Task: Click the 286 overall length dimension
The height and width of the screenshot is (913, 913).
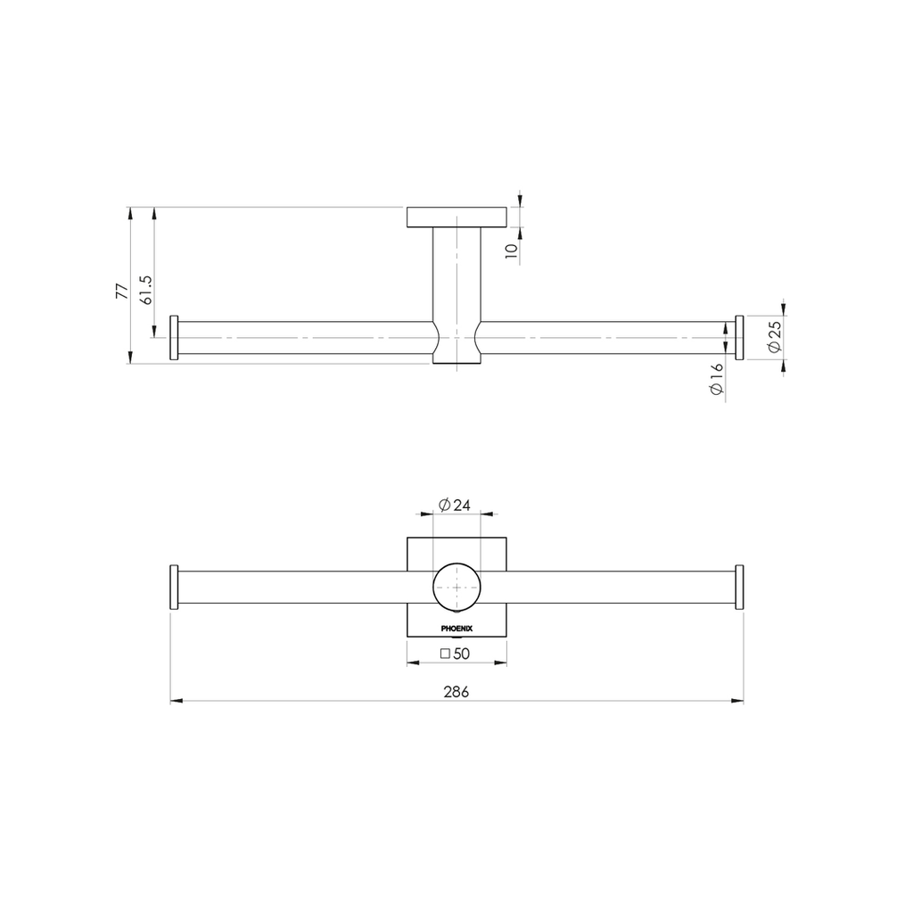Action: pos(456,692)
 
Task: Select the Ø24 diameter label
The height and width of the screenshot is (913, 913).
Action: pos(455,505)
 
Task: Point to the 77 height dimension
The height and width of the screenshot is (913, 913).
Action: pos(121,291)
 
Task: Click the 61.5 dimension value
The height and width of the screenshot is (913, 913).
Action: pos(145,290)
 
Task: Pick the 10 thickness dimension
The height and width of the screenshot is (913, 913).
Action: pos(511,251)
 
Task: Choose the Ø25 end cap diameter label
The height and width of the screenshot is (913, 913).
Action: pos(775,337)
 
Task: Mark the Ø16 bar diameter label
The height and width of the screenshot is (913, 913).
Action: pos(716,379)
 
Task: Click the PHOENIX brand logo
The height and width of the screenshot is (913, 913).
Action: pos(456,629)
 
